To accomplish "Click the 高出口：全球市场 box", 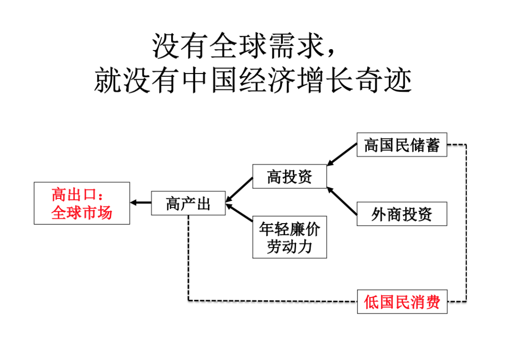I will [x=82, y=203].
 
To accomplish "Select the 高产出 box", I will [x=188, y=203].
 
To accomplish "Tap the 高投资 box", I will [x=289, y=176].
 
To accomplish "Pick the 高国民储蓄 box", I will [x=402, y=144].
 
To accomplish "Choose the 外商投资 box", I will [x=402, y=214].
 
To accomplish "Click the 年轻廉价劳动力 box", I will [x=289, y=238].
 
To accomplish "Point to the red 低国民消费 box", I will [x=402, y=301].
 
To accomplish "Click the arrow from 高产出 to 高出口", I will [x=141, y=203].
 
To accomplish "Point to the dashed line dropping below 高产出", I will [x=188, y=257].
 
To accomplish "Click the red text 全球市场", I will [x=82, y=212].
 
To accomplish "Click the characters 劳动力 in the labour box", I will [x=289, y=247].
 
